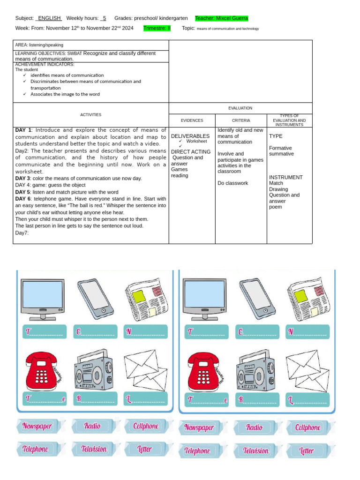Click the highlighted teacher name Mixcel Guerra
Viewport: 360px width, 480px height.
[x=221, y=18]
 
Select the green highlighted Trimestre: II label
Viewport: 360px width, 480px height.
[x=157, y=28]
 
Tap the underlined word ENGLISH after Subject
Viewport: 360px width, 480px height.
[x=49, y=18]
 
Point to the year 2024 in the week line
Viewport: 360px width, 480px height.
[x=128, y=28]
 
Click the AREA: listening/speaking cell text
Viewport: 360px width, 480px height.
[x=39, y=45]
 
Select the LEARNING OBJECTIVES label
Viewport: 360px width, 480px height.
[x=41, y=53]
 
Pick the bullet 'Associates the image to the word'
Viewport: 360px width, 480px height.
[x=65, y=94]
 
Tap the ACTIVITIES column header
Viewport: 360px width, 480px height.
[x=90, y=114]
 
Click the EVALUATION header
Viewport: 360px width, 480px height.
[x=240, y=108]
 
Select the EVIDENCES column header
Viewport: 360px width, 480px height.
[x=192, y=120]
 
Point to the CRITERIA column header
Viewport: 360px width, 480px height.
[x=241, y=120]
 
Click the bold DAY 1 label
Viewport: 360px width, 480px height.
[x=23, y=130]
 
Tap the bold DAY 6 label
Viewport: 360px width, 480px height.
[x=23, y=199]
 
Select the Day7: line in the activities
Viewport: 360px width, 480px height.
[x=22, y=233]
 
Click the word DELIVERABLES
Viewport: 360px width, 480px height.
[x=190, y=136]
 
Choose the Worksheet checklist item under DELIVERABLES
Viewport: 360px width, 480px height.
[x=196, y=141]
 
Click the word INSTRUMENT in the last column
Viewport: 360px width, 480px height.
[x=286, y=177]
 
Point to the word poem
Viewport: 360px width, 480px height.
[x=276, y=207]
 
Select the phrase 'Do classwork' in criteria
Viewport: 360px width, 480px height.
[x=233, y=183]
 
